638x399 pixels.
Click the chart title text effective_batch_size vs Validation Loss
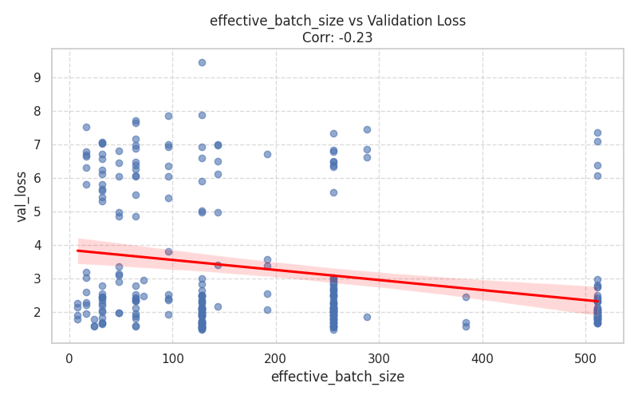tap(337, 21)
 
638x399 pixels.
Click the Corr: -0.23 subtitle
tap(337, 38)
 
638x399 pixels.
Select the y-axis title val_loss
tap(22, 196)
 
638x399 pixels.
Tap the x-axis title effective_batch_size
tap(337, 377)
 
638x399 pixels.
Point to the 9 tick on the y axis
tap(37, 78)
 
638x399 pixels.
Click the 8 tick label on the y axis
tap(37, 112)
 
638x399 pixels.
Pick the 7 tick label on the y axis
tap(37, 145)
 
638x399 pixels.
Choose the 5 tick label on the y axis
tap(37, 212)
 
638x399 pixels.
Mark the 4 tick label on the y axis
tap(37, 246)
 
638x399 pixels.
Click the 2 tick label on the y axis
tap(37, 313)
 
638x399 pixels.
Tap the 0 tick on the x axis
tap(69, 355)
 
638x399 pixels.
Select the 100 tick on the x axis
tap(173, 355)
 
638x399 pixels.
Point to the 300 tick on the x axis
tap(380, 355)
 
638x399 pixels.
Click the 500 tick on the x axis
tap(586, 355)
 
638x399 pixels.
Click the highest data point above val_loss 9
tap(202, 62)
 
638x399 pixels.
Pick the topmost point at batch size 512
tap(597, 133)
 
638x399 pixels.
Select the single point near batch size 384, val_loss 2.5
tap(466, 297)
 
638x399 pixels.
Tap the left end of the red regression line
tap(78, 251)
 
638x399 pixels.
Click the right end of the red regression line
tap(597, 301)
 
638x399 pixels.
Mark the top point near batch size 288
tap(367, 129)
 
